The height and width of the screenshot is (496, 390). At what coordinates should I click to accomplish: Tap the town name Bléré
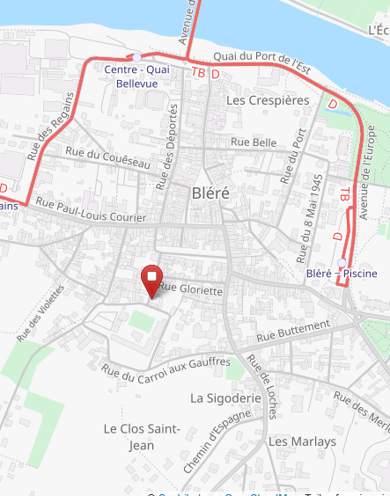(210, 193)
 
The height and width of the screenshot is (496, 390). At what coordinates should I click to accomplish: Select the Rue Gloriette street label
(190, 288)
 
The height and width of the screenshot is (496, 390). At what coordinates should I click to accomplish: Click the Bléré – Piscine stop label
(342, 274)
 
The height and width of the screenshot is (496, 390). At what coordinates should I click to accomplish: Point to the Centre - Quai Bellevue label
(137, 76)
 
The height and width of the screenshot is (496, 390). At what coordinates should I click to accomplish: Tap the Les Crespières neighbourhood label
(268, 100)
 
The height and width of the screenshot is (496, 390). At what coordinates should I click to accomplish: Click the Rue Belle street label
(254, 142)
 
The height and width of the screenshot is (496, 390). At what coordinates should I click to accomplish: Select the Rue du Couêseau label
(108, 158)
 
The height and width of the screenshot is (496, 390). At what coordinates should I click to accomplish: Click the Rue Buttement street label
(292, 332)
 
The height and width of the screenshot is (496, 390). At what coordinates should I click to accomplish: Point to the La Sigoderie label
(226, 398)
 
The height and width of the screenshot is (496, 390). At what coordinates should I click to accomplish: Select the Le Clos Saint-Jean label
(142, 437)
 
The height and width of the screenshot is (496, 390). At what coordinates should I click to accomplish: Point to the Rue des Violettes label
(40, 312)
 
